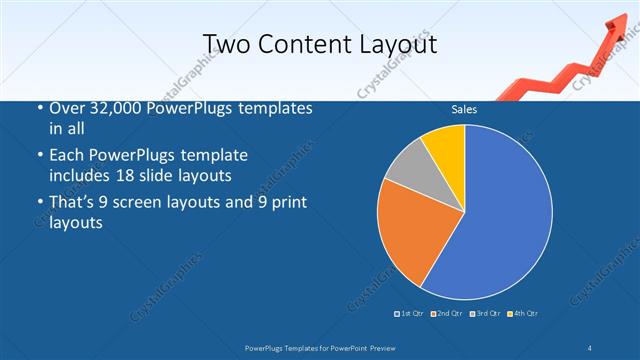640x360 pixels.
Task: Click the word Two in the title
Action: pos(226,44)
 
